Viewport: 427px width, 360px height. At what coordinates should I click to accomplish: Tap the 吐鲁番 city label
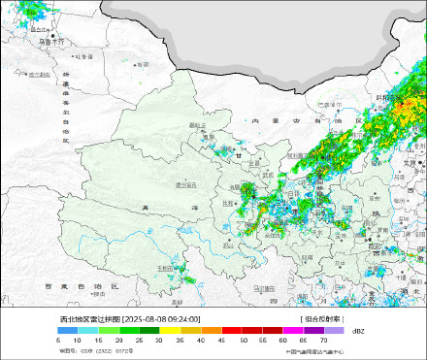[85, 56]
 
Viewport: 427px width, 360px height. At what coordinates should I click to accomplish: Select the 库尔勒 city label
[38, 74]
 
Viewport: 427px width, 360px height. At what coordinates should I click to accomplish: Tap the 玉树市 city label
[166, 267]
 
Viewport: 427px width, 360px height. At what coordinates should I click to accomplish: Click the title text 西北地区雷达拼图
[88, 318]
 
